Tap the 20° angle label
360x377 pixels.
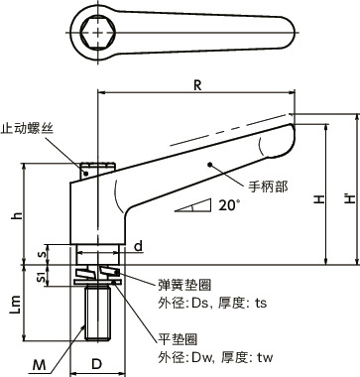229,205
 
